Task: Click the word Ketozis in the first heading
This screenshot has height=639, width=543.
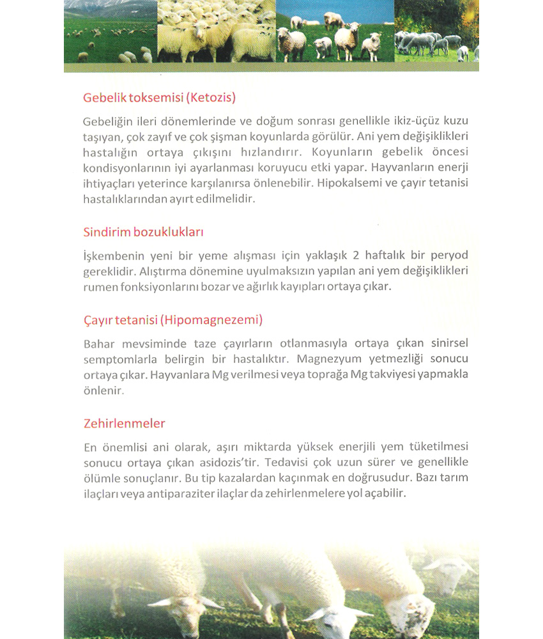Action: point(212,98)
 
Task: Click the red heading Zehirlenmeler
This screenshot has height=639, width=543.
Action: point(125,423)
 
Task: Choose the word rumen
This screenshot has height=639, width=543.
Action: point(98,287)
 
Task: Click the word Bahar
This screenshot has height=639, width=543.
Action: point(98,343)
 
